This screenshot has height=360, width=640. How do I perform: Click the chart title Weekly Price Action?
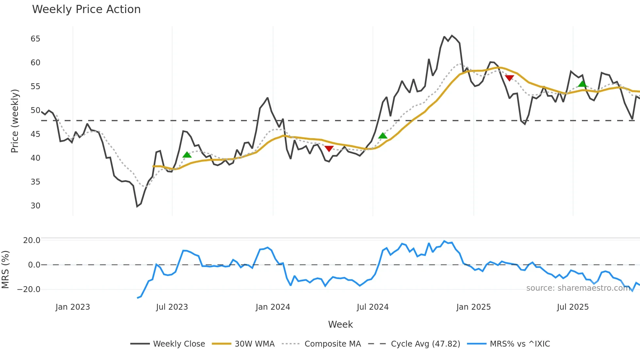click(x=86, y=9)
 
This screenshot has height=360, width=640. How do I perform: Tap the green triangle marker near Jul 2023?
click(x=187, y=155)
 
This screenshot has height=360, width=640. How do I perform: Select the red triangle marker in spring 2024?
click(x=329, y=149)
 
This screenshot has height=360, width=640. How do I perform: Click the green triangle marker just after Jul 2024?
click(x=383, y=136)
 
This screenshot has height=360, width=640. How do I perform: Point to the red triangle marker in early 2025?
click(x=509, y=78)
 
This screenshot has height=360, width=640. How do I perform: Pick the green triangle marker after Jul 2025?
click(x=582, y=84)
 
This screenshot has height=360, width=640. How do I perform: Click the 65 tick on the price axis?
click(x=35, y=39)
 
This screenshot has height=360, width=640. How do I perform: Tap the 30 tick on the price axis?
click(x=35, y=206)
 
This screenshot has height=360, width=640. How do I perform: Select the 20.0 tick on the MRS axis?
click(x=31, y=240)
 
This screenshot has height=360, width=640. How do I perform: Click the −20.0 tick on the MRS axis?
click(x=29, y=289)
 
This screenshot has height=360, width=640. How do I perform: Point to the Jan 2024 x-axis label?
click(x=273, y=307)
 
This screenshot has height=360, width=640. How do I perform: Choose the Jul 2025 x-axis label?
click(x=573, y=307)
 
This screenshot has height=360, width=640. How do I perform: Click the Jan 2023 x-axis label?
click(x=72, y=307)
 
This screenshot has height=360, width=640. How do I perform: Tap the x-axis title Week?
click(x=340, y=324)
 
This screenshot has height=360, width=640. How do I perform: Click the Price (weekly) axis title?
click(x=15, y=121)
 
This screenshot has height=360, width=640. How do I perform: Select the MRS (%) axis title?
click(x=5, y=270)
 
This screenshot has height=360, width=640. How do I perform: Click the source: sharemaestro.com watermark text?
click(x=578, y=288)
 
